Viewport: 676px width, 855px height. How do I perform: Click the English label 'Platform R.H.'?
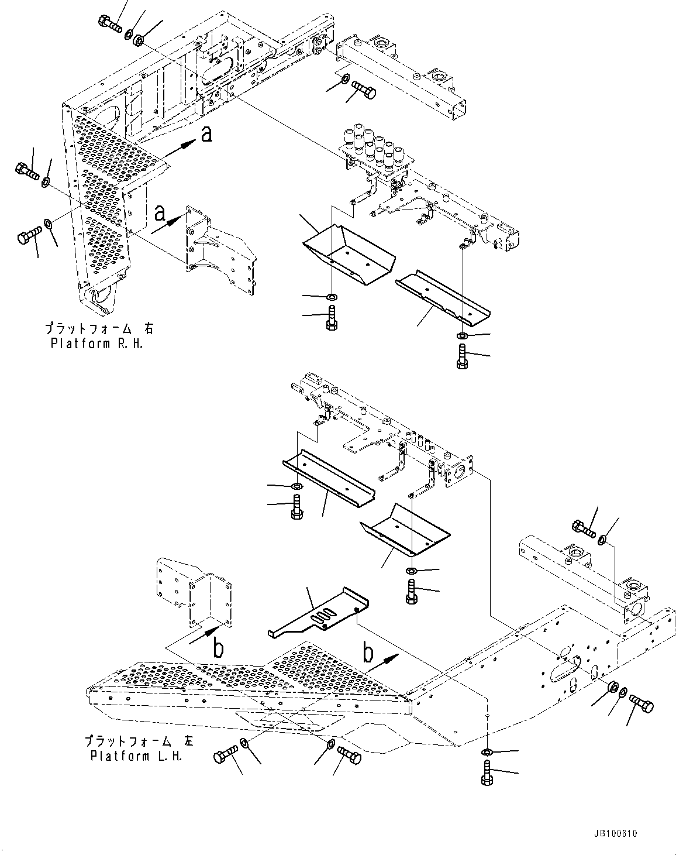(96, 343)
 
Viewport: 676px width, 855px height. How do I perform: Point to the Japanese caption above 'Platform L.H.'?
(137, 741)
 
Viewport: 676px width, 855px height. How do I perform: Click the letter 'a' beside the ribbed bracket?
(158, 214)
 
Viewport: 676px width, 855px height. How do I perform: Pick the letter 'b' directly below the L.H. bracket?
(217, 650)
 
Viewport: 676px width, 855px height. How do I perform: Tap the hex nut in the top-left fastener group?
(139, 40)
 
